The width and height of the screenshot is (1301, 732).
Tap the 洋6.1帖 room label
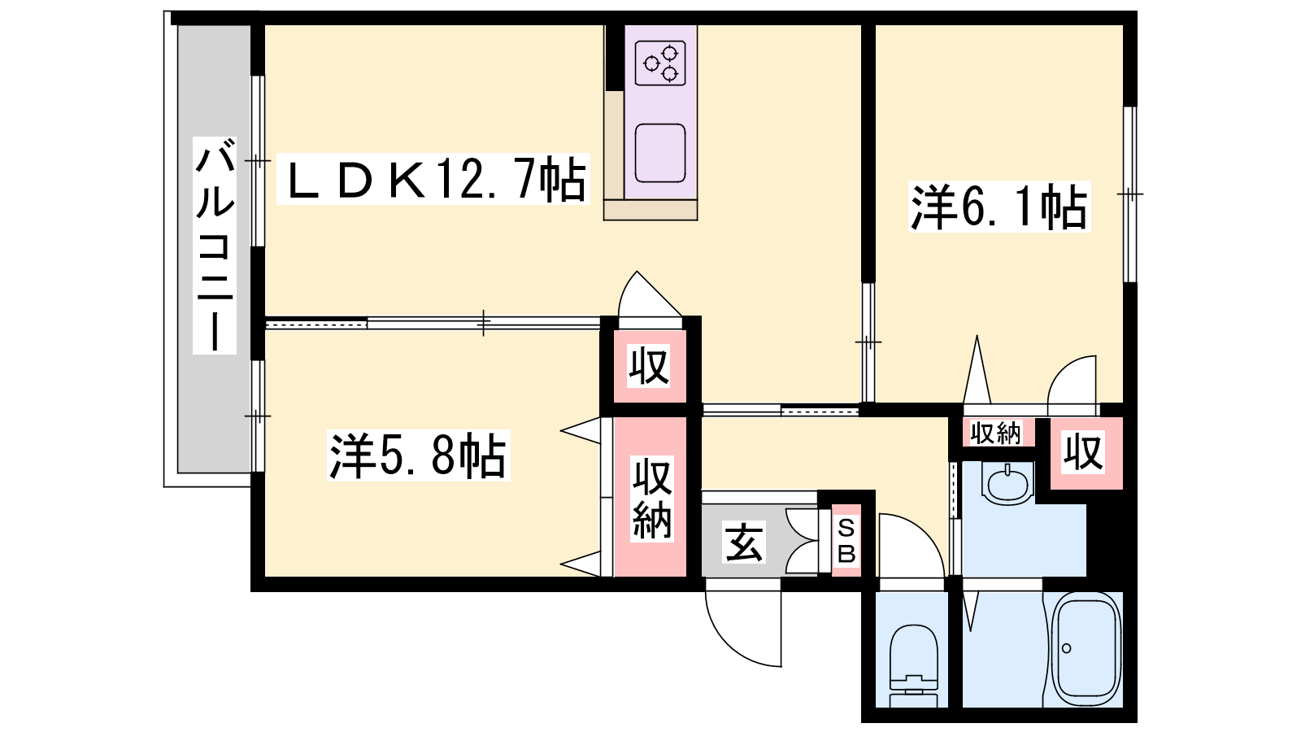coord(999,207)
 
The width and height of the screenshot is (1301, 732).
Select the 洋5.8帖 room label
coord(418,455)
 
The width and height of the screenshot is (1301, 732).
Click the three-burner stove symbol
coord(660,63)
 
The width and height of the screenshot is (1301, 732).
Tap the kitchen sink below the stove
coord(660,153)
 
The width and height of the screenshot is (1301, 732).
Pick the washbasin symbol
coord(1008,483)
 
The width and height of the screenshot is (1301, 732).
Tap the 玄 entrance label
coord(744,542)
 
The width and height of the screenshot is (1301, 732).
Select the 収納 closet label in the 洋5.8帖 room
coord(652,498)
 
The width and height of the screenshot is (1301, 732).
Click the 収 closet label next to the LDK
coord(649,365)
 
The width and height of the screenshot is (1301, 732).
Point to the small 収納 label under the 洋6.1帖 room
coord(995,433)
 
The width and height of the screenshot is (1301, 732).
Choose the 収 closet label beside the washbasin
coord(1083,452)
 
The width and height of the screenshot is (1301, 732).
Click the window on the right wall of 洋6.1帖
coord(1129,194)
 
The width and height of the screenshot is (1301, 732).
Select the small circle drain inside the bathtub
coord(1066,648)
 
